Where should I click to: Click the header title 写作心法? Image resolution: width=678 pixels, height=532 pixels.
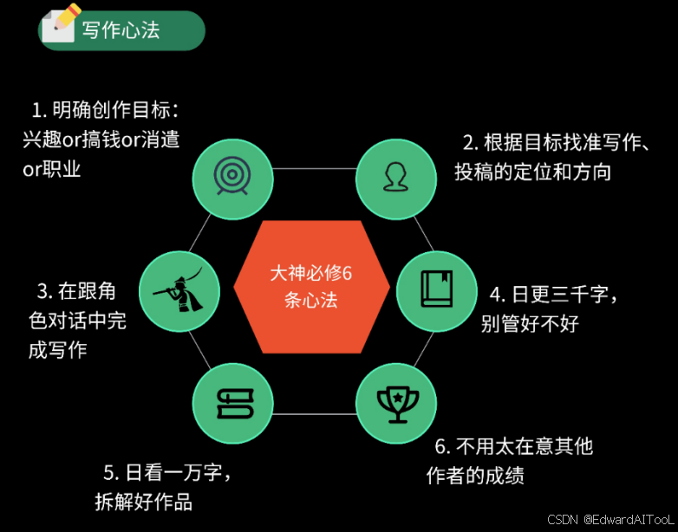click(121, 30)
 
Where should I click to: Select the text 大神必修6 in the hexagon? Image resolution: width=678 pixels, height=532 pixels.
click(310, 274)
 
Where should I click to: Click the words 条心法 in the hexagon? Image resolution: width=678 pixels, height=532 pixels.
click(310, 301)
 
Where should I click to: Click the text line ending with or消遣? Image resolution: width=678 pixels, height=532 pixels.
click(101, 139)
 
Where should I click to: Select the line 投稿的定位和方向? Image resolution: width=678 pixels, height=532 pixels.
click(533, 172)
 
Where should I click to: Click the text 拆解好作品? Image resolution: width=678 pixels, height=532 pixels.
click(143, 502)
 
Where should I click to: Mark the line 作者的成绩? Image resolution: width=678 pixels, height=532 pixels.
click(475, 476)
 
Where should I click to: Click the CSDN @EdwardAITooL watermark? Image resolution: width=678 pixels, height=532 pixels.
click(610, 520)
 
